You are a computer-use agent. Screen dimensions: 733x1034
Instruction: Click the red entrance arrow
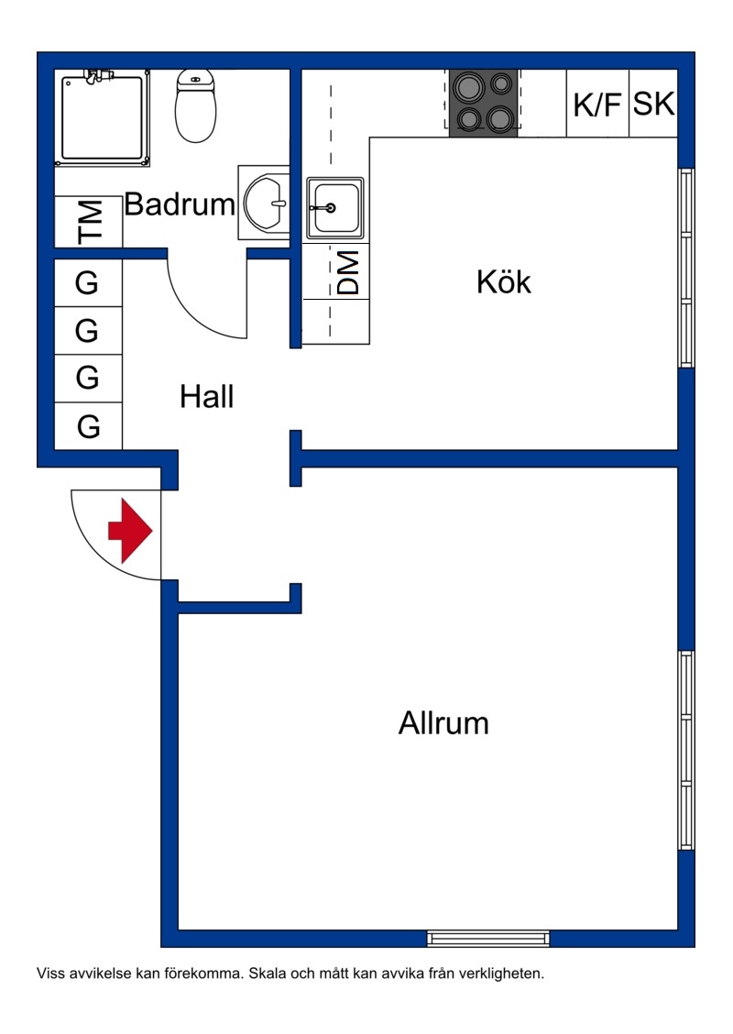coord(130,531)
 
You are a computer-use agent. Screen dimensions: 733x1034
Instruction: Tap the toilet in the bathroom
coord(195,105)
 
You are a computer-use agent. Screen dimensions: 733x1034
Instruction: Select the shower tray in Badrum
coord(103,117)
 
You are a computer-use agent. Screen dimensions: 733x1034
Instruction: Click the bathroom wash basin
coord(265,203)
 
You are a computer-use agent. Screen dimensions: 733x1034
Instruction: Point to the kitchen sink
coord(334,208)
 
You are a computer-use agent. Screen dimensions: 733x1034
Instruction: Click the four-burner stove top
coord(484,103)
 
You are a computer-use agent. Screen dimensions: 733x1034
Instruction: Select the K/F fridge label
coord(597,104)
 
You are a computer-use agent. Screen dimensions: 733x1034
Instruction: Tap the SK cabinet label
coord(654,104)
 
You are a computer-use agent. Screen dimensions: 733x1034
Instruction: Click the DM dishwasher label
coord(348,272)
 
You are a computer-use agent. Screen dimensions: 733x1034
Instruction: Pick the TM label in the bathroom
coord(91,222)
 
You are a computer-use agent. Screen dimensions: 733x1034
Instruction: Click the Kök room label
coord(504,281)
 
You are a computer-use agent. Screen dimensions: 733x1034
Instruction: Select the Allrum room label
coord(443,722)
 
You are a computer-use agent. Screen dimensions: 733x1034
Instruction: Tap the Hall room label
coord(207,397)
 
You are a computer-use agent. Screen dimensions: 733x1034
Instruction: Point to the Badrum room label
coord(180,204)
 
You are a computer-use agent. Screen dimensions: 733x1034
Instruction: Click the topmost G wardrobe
coord(88,283)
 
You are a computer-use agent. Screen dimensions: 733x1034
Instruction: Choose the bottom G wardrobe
coord(88,426)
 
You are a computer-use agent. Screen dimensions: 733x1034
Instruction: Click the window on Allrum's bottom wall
coord(488,939)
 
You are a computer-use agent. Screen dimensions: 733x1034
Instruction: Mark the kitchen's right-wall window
coord(686,268)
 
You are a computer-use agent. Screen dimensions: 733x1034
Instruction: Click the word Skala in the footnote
coord(267,973)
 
